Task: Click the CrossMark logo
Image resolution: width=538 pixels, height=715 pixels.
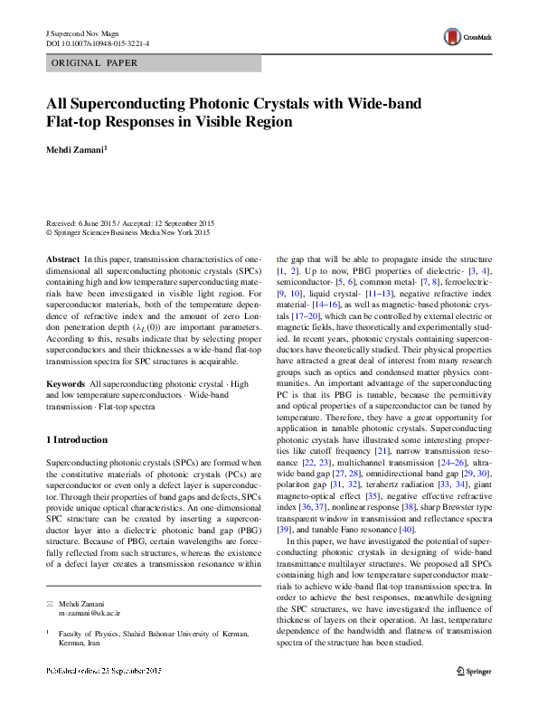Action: click(x=466, y=37)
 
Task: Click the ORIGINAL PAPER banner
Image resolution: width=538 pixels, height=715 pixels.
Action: click(x=93, y=63)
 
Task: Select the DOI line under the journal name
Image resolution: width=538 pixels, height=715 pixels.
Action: click(x=98, y=43)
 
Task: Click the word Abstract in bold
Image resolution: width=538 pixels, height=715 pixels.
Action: click(x=62, y=258)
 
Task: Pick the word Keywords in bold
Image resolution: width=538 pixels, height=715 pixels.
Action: click(x=66, y=384)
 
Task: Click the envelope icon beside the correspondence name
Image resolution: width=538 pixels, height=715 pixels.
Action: click(x=50, y=602)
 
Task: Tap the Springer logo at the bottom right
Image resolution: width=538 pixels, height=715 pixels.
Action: click(x=475, y=695)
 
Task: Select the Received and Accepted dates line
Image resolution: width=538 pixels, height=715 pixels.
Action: click(x=130, y=222)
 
